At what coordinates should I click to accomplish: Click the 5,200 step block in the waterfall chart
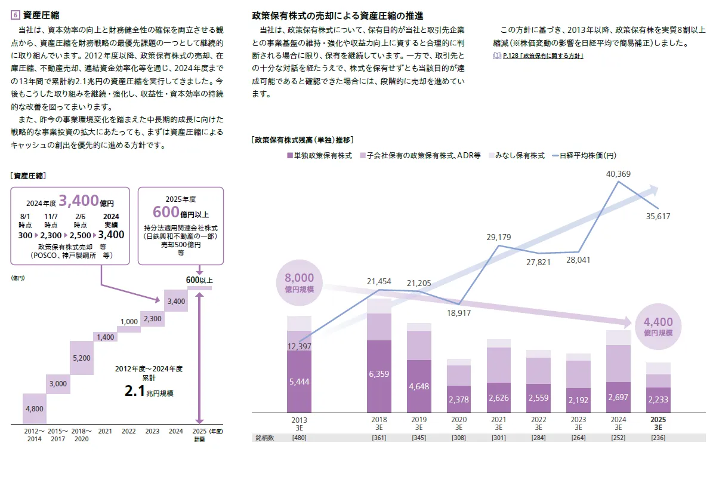click(82, 358)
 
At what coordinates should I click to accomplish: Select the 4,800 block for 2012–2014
click(35, 409)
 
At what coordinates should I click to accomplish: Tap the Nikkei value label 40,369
click(618, 174)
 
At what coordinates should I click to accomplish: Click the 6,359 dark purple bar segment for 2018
click(379, 376)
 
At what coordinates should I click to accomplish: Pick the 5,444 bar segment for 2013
click(299, 382)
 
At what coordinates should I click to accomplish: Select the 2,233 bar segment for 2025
click(658, 399)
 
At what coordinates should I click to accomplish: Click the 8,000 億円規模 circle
click(299, 282)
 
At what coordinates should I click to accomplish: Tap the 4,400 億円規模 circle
click(658, 327)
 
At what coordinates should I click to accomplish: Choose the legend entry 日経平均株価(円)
click(587, 155)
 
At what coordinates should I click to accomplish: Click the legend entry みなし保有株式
click(516, 155)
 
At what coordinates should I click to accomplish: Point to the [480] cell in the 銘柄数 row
click(299, 438)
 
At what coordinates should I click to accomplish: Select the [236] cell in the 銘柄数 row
click(658, 438)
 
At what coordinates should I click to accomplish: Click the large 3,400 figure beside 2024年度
click(79, 200)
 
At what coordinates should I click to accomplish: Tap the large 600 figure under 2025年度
click(166, 211)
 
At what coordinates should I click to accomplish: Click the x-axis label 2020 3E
click(459, 423)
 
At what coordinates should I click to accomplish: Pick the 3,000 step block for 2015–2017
click(58, 383)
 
